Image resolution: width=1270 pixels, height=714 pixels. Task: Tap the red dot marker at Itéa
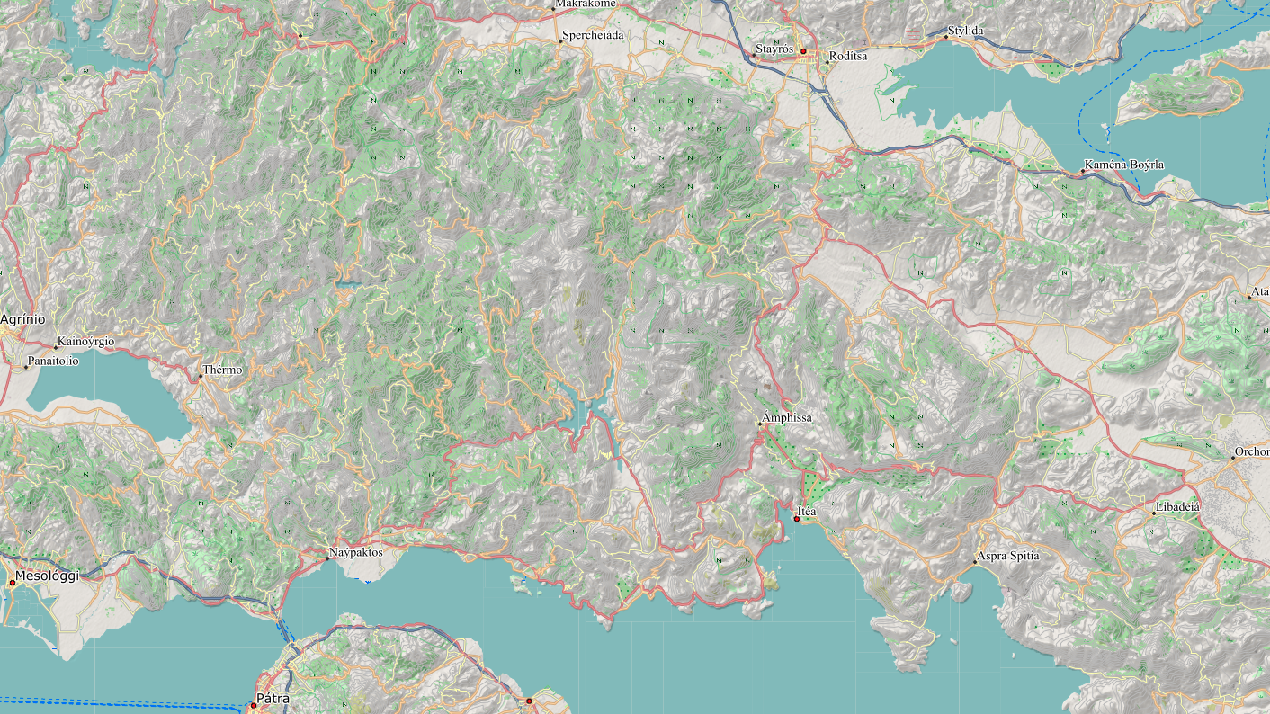[x=797, y=520]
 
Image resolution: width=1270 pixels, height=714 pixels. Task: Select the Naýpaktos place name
[x=356, y=552]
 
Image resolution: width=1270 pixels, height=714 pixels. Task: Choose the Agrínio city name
[x=22, y=319]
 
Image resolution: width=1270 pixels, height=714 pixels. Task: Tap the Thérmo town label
[x=222, y=370]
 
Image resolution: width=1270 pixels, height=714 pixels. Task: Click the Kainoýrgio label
[x=85, y=342]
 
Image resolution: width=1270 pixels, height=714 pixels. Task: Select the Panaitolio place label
[x=53, y=361]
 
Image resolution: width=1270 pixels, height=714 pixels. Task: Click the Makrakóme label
[x=586, y=4]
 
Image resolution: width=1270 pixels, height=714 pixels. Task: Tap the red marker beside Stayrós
[x=803, y=52]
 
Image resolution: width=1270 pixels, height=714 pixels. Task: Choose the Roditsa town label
[x=849, y=56]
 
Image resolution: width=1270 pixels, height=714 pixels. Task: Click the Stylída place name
[x=966, y=31]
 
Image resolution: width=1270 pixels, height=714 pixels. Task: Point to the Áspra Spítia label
[x=1008, y=556]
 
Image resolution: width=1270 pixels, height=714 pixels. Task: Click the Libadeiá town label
[x=1179, y=507]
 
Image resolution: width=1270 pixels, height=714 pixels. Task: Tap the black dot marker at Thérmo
[x=200, y=376]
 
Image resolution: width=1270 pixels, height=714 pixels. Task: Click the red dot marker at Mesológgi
[x=12, y=583]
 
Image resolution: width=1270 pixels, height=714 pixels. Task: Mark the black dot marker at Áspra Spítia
[x=975, y=563]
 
